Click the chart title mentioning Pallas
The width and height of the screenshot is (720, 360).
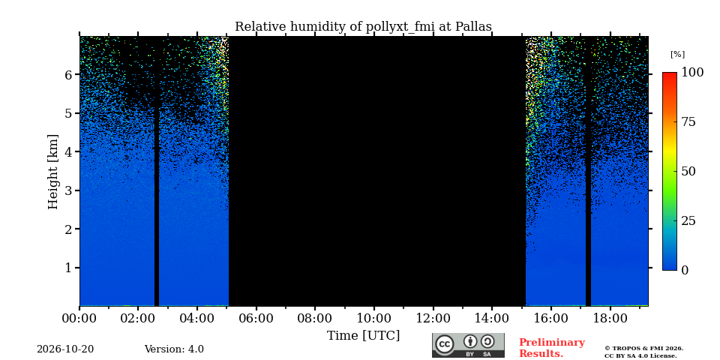[363, 27]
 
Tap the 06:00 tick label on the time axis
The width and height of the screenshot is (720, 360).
[256, 318]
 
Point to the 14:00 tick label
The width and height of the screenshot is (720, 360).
[492, 318]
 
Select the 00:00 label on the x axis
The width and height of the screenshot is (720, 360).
[80, 318]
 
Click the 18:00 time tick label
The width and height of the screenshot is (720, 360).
[609, 318]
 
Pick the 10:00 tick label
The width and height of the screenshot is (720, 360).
[373, 318]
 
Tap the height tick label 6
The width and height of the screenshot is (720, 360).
[69, 74]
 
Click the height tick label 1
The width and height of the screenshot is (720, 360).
[69, 268]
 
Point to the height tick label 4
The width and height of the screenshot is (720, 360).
[69, 151]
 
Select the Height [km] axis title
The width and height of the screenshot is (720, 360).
[54, 172]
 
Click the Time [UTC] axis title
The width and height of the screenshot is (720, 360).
[363, 336]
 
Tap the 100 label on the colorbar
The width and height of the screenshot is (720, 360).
[692, 73]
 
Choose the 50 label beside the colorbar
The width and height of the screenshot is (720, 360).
[688, 172]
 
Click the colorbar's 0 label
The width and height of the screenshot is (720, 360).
[684, 271]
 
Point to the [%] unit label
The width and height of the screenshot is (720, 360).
[677, 55]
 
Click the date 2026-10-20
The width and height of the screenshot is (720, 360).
[65, 349]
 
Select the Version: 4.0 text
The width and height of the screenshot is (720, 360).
[174, 349]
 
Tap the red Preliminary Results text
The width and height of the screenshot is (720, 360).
[552, 348]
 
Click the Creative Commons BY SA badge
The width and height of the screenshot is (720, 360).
[468, 345]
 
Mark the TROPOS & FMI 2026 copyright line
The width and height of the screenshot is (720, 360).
[643, 349]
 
